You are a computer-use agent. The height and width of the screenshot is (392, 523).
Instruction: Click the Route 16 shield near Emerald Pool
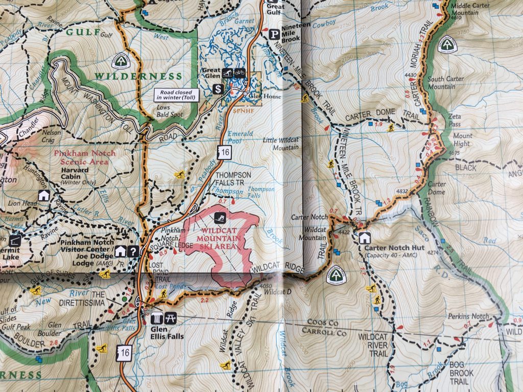pyautogui.click(x=224, y=151)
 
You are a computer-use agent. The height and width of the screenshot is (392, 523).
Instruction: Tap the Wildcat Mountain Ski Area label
pyautogui.click(x=220, y=239)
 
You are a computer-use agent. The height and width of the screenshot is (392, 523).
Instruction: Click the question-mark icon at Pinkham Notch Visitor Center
pyautogui.click(x=133, y=251)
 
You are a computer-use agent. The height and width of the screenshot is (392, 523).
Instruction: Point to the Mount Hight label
pyautogui.click(x=463, y=140)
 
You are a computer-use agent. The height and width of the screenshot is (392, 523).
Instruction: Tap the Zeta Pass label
pyautogui.click(x=455, y=120)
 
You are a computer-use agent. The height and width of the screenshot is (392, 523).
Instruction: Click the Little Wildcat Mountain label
pyautogui.click(x=280, y=143)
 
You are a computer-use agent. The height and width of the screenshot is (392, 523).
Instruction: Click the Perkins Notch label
pyautogui.click(x=468, y=316)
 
